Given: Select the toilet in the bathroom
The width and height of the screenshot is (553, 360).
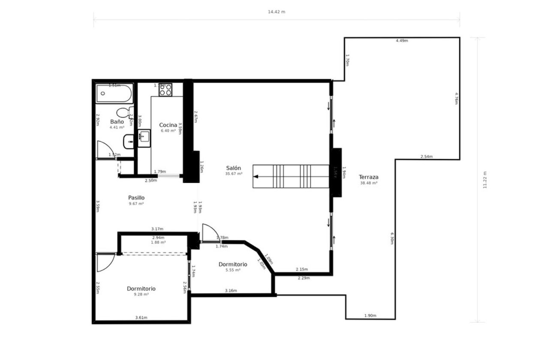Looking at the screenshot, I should (124, 113).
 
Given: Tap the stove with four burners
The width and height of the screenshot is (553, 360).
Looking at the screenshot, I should (165, 90).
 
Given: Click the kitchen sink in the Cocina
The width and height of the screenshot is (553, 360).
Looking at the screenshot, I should (144, 138).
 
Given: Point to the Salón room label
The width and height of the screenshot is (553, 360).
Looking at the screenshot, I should (234, 168).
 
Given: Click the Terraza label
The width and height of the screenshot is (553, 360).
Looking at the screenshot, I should (369, 177).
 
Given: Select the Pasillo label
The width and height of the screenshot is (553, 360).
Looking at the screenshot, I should (136, 198).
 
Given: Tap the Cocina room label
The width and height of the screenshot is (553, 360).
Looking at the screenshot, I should (168, 125).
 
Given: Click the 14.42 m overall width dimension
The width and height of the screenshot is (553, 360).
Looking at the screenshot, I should (276, 12).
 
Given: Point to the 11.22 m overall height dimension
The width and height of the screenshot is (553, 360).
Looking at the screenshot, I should (485, 180).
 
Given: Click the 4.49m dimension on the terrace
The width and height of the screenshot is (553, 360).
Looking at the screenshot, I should (402, 41).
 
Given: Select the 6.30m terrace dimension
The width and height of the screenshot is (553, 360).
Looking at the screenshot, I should (392, 238).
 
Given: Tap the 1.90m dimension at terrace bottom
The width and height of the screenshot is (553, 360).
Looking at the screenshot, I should (370, 316).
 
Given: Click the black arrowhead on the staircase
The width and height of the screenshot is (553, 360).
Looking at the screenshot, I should (255, 177).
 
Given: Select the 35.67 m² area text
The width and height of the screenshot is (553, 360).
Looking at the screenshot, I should (234, 174).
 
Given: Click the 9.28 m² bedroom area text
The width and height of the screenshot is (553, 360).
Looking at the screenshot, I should (141, 295).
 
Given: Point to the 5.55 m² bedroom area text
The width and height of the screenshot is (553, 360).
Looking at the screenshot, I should (233, 270).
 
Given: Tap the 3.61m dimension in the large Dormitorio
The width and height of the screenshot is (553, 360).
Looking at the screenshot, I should (141, 318).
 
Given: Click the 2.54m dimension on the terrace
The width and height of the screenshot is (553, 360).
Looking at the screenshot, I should (427, 156).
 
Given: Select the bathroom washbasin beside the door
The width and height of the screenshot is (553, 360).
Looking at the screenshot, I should (129, 141).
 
